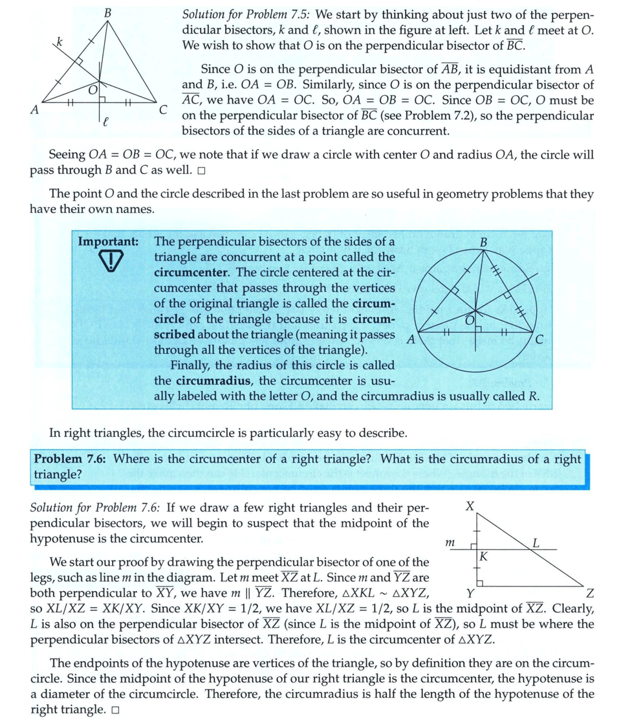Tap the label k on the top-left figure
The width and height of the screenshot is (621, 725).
tap(60, 42)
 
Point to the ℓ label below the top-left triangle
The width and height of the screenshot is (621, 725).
tap(105, 120)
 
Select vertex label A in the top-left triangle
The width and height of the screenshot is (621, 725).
tap(35, 110)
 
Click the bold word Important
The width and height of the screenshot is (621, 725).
tap(108, 241)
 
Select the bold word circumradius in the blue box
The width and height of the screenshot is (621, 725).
tap(213, 380)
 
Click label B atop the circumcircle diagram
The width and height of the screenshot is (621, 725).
tap(483, 242)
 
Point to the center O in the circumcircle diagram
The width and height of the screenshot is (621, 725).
tap(470, 320)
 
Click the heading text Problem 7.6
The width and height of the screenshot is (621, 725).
tap(71, 459)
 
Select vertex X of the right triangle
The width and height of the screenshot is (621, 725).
tap(470, 505)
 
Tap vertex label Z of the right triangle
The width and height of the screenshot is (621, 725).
tap(589, 594)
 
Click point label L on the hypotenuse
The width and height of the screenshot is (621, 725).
tap(536, 542)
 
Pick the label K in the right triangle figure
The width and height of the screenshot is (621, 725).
tap(483, 556)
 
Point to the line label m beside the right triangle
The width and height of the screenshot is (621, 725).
tap(450, 545)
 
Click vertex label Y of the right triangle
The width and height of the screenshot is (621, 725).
tap(470, 594)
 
